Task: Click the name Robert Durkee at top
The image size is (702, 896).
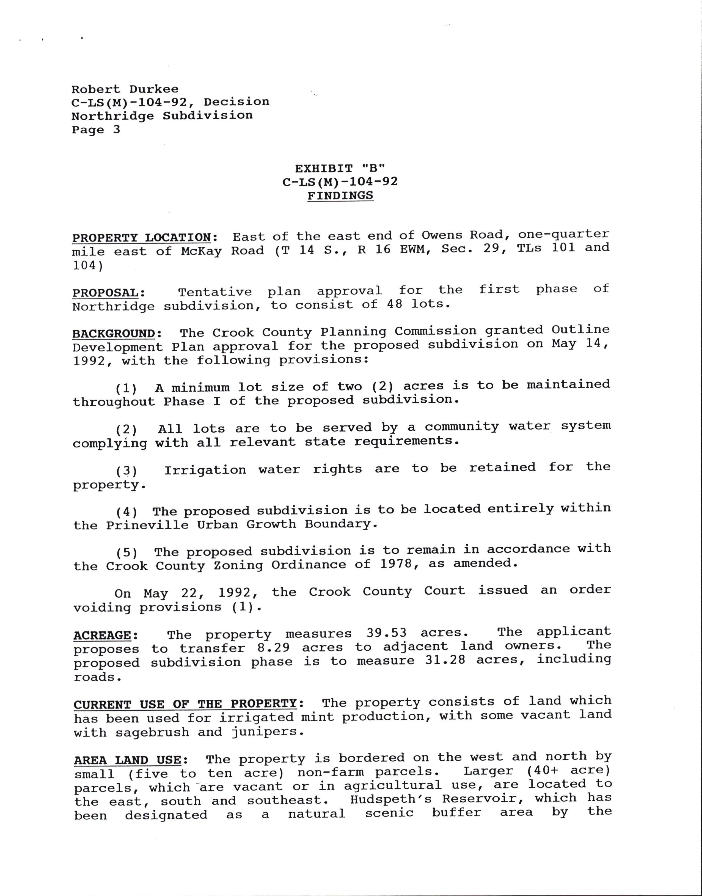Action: tap(125, 89)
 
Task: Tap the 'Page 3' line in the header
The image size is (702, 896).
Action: tap(96, 130)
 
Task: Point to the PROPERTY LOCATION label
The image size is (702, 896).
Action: tap(142, 238)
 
